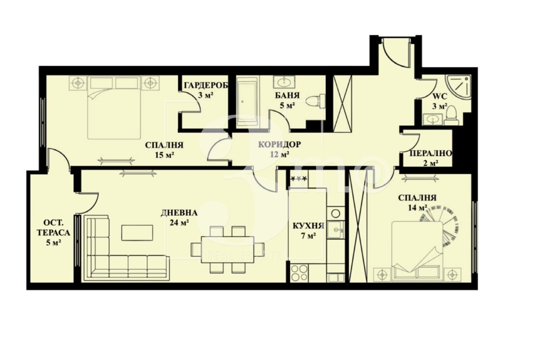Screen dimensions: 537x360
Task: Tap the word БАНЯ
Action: click(287, 95)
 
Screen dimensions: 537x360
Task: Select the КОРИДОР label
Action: click(280, 144)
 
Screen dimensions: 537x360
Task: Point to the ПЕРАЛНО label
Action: click(431, 153)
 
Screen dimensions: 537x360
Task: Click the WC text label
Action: click(440, 96)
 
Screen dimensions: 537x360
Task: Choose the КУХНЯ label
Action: click(308, 226)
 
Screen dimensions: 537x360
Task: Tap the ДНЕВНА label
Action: click(179, 213)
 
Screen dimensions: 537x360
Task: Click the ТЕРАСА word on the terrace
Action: click(53, 233)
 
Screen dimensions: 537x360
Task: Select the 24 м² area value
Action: click(179, 223)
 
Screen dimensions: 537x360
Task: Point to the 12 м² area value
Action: click(280, 155)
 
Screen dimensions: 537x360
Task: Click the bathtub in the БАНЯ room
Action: click(247, 101)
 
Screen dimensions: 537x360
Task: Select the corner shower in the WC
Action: click(458, 87)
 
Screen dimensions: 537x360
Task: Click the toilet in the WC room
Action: click(451, 116)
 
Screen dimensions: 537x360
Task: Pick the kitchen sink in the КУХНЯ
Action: click(336, 229)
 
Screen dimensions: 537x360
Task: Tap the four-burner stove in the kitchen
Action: click(299, 273)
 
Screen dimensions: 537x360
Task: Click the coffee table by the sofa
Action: click(137, 233)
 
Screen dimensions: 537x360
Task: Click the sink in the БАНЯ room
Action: click(284, 82)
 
